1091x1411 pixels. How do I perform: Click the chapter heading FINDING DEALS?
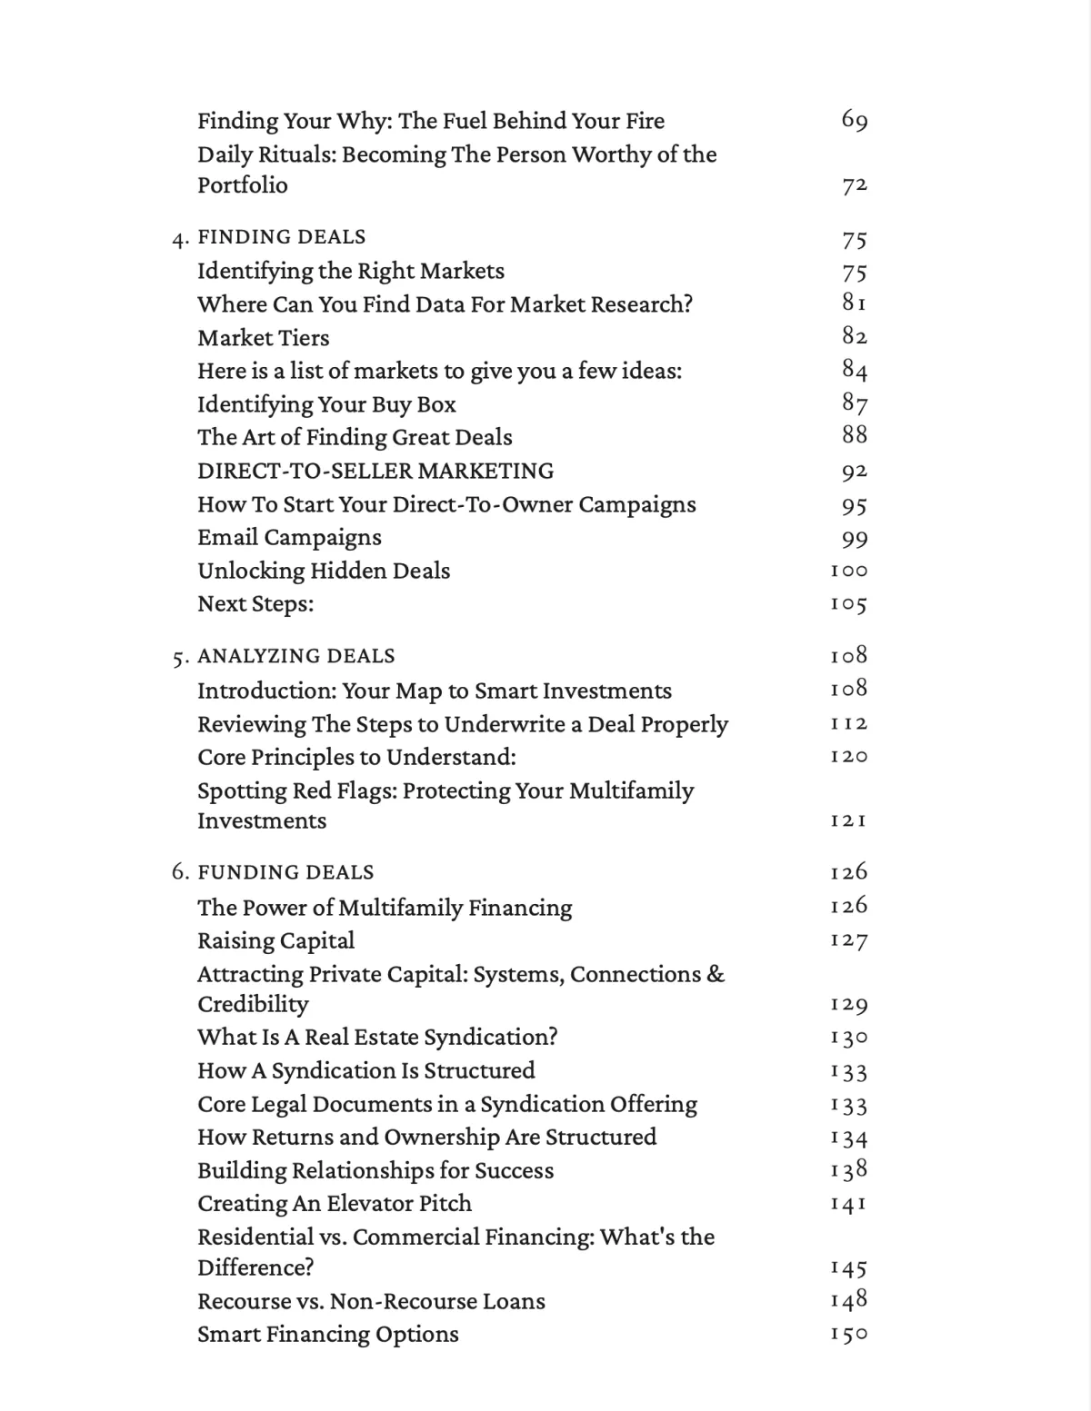(x=282, y=237)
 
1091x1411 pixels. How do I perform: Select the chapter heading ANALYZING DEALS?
(x=296, y=656)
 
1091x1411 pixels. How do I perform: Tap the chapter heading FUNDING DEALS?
(x=285, y=872)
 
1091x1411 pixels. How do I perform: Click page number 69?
(x=855, y=120)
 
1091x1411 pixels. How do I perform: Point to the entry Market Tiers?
(x=264, y=338)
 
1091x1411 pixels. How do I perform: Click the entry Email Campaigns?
(x=289, y=538)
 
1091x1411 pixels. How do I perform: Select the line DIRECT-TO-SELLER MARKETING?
(x=375, y=472)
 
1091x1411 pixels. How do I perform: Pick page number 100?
(x=849, y=571)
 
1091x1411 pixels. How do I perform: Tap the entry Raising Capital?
(x=275, y=940)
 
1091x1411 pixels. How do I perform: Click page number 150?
(x=849, y=1335)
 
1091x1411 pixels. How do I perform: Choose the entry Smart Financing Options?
(x=328, y=1335)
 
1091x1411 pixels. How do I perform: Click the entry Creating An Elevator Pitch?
(x=335, y=1204)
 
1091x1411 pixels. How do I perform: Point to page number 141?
(x=849, y=1204)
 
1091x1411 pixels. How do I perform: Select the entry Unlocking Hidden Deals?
(x=324, y=571)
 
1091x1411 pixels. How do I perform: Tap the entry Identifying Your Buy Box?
(x=326, y=404)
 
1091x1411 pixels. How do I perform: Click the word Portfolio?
(x=243, y=185)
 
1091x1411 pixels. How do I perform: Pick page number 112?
(x=849, y=724)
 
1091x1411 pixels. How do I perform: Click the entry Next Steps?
(x=255, y=604)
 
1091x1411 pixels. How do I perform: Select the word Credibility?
(x=253, y=1004)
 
